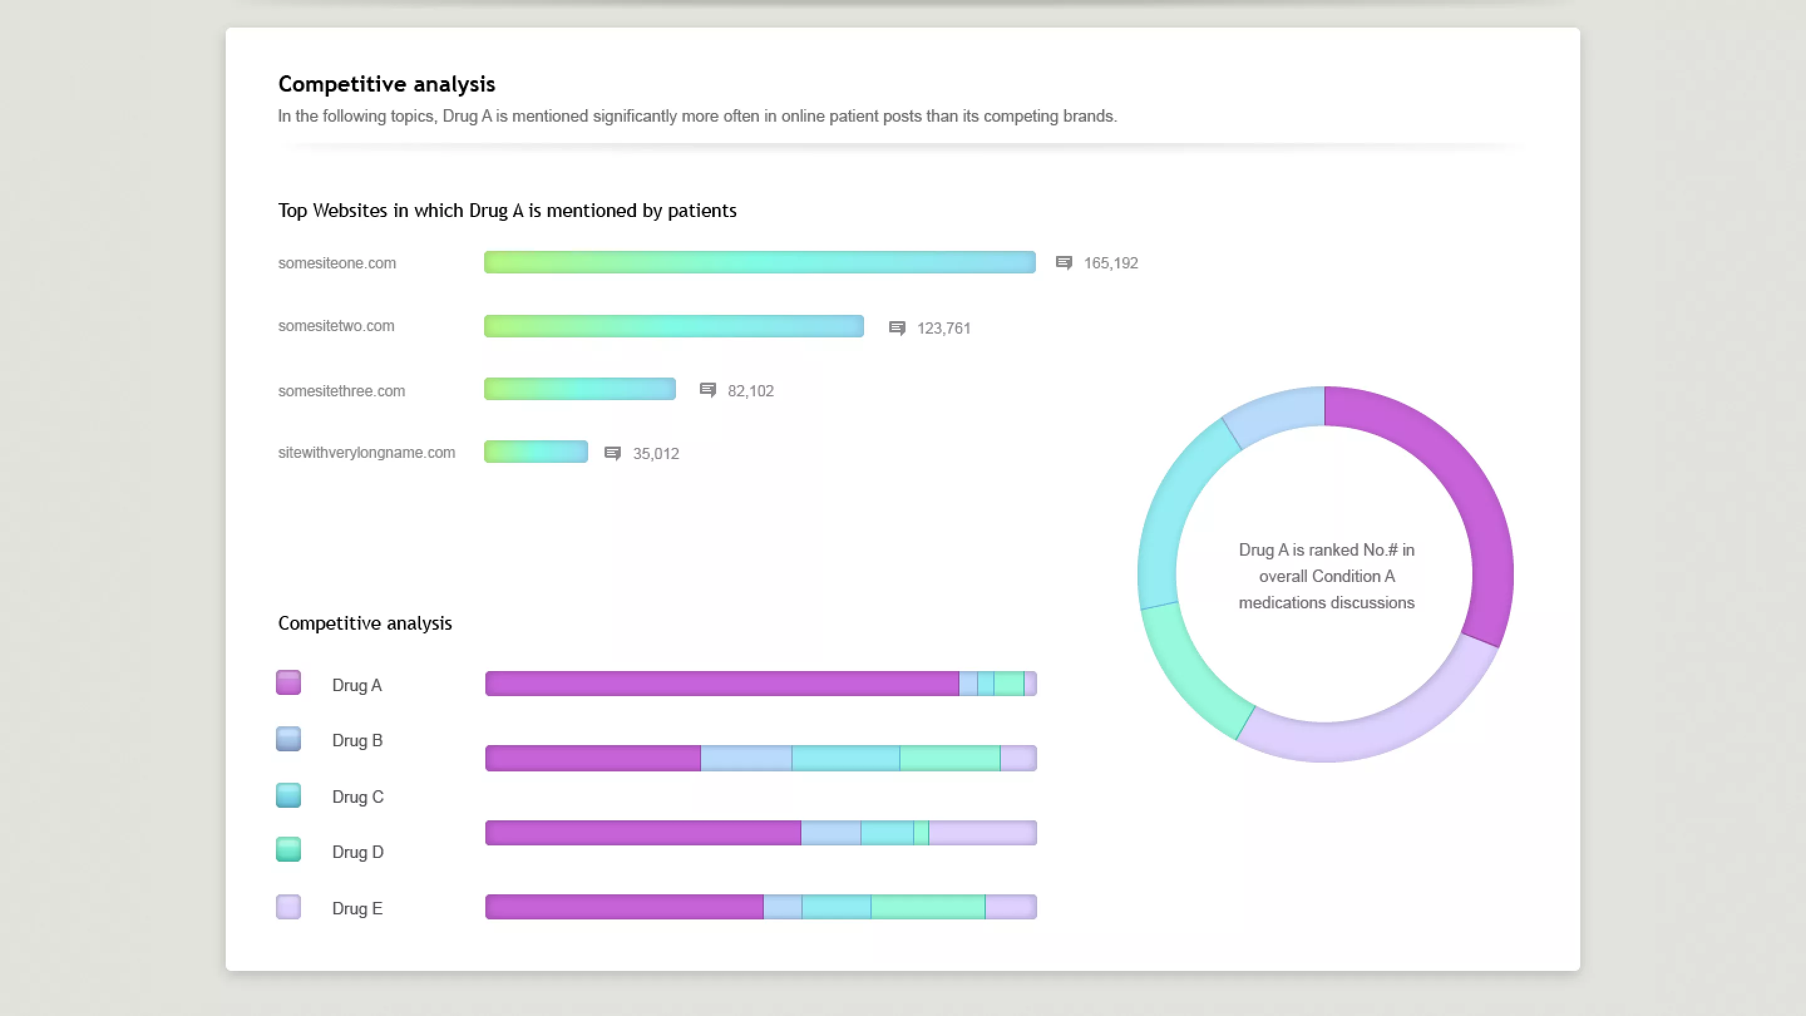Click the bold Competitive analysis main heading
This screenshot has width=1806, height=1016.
[x=386, y=84]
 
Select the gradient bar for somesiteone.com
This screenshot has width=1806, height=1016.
[x=759, y=262]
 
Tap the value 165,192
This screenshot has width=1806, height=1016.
[x=1111, y=263]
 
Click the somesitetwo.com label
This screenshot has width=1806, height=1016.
[x=336, y=326]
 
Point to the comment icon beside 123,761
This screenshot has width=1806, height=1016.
[x=897, y=328]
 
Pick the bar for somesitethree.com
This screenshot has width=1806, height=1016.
[x=579, y=389]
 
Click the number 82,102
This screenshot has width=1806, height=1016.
[x=750, y=391]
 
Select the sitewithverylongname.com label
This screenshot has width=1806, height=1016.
[x=366, y=453]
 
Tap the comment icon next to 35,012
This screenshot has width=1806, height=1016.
[x=612, y=453]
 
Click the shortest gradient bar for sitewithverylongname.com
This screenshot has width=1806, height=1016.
[x=536, y=452]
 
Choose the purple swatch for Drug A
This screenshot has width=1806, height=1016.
[x=288, y=683]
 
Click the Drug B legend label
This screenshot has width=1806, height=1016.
[x=357, y=741]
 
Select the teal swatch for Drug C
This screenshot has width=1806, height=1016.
[x=288, y=795]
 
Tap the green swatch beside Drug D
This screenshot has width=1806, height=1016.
[x=288, y=850]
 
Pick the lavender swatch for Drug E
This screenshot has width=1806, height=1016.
[x=288, y=908]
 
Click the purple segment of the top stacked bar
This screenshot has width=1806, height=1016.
[x=722, y=684]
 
